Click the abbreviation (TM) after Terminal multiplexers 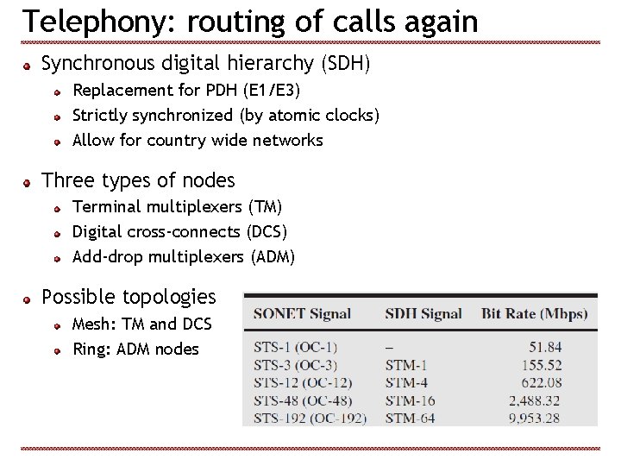(x=265, y=206)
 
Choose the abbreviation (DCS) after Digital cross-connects (x=267, y=231)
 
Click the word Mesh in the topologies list (x=91, y=324)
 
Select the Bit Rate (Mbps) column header (x=534, y=314)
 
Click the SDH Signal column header (x=423, y=314)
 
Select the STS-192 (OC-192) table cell (x=310, y=419)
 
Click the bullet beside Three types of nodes (x=28, y=182)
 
